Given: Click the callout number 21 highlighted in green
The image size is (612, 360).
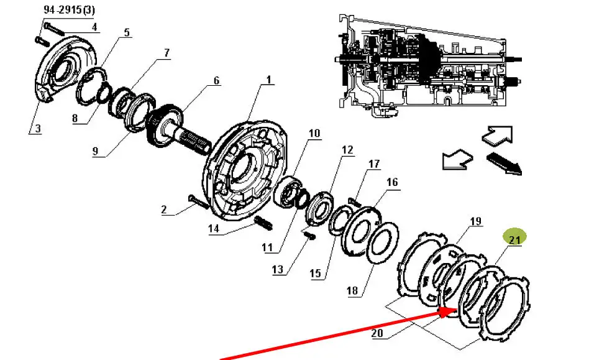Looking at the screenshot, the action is [514, 239].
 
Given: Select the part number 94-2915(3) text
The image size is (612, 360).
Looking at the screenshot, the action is [69, 10].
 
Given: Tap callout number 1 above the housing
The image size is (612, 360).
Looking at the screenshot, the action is [269, 80].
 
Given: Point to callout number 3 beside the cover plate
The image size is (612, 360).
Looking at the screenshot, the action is [37, 129].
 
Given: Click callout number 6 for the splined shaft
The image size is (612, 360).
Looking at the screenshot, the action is [217, 81].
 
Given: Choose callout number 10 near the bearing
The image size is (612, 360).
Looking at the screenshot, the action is [314, 134].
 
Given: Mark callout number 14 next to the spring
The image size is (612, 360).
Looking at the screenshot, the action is [214, 228].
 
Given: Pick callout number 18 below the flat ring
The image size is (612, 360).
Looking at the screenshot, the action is [352, 290].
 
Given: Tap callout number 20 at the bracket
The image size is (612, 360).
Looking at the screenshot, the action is [377, 333].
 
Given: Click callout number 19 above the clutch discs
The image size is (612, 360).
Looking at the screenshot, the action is [476, 221].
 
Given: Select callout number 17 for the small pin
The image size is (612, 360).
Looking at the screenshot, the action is [374, 164].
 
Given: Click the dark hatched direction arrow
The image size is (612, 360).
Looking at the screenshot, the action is [504, 163].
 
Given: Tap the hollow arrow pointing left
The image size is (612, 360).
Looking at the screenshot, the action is [457, 159].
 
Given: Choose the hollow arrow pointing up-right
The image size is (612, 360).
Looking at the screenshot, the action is [497, 135].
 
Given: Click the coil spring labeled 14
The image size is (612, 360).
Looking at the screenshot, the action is [263, 223].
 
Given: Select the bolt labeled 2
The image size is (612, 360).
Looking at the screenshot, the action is [199, 201].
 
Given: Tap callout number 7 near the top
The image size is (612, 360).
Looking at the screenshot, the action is [167, 53].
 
